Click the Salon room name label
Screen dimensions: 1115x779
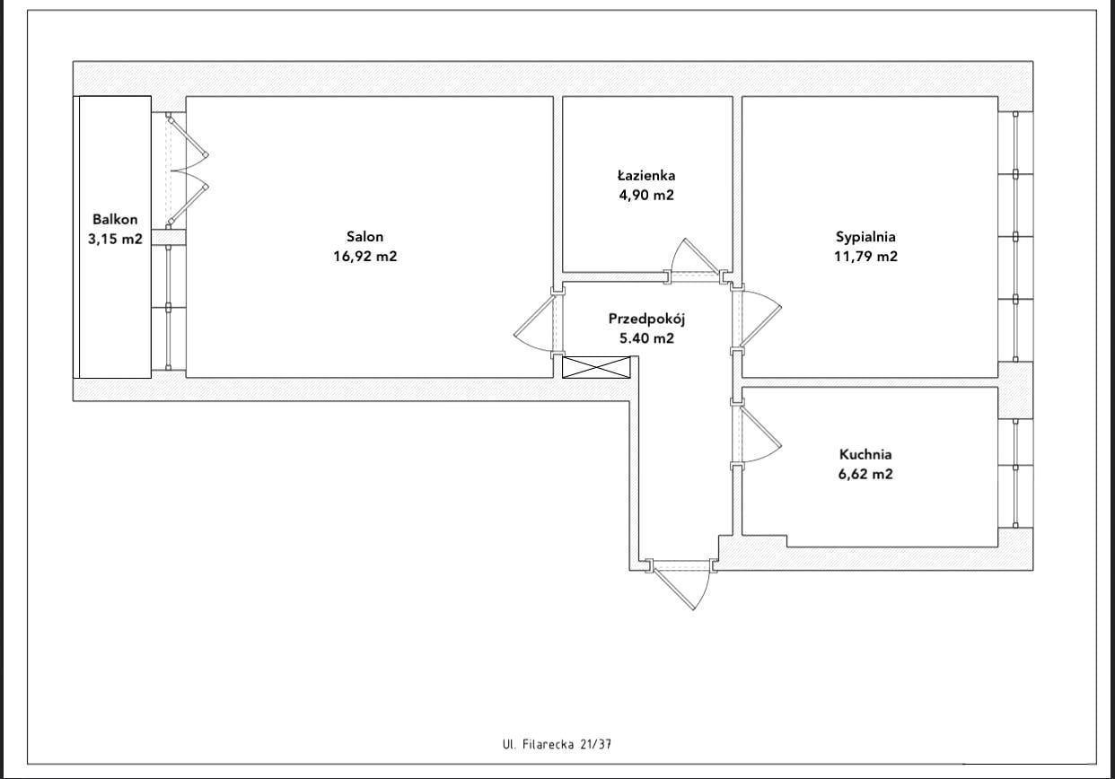tap(364, 236)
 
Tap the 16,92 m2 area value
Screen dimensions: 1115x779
tap(365, 257)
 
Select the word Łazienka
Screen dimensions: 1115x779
tap(646, 176)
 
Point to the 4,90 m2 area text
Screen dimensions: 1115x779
tap(646, 195)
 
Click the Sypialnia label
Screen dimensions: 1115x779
tap(865, 237)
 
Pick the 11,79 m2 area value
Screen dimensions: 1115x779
tap(866, 257)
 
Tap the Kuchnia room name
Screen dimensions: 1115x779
tap(865, 454)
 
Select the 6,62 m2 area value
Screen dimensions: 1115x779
tap(865, 474)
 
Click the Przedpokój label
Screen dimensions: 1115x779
tap(646, 319)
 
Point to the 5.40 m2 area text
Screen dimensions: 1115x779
tap(646, 338)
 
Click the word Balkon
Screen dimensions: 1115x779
tap(115, 220)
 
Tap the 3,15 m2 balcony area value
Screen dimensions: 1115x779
tap(115, 240)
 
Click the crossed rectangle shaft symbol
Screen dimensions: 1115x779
tap(596, 367)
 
